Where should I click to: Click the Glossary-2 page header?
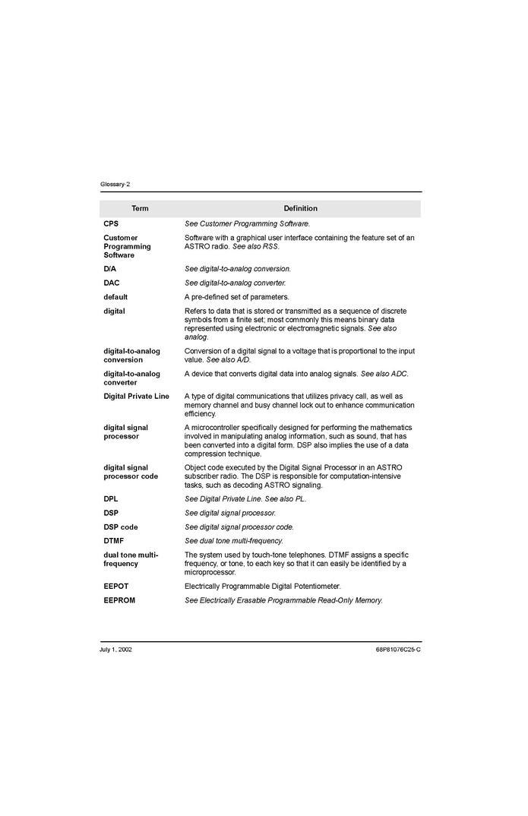[115, 185]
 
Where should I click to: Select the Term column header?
[140, 208]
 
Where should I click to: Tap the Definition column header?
[300, 208]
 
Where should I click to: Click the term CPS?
[111, 223]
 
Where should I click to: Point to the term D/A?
[110, 269]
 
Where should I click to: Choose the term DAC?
[112, 283]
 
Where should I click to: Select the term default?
[115, 297]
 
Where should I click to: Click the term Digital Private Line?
[136, 397]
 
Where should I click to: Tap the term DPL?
[111, 499]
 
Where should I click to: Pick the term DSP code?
[121, 527]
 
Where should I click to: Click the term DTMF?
[114, 541]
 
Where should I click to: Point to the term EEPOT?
[115, 587]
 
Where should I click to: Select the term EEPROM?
[119, 600]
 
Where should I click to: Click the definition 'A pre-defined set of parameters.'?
[236, 297]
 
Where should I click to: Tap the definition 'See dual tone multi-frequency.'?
[233, 541]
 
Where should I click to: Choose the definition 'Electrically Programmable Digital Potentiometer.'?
[262, 587]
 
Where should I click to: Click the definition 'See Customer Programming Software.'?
[247, 223]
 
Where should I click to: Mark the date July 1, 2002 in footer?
[115, 650]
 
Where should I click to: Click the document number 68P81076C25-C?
[397, 650]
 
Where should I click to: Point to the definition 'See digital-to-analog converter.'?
[235, 283]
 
